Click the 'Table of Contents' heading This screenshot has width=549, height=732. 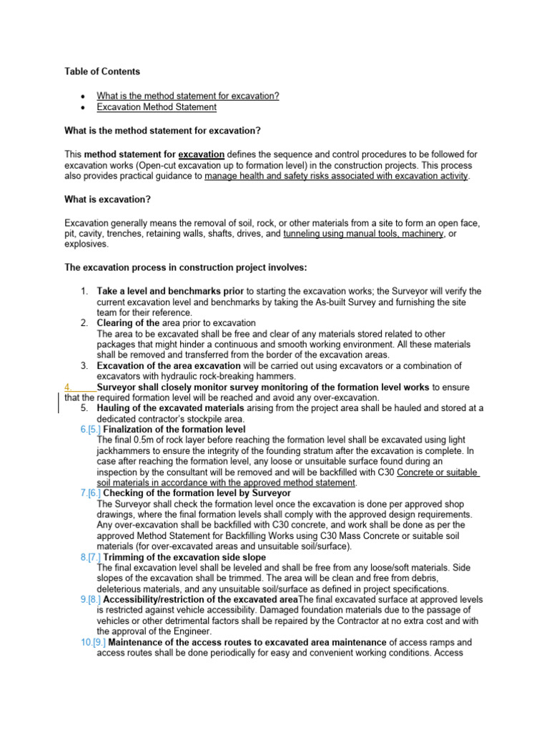tap(102, 71)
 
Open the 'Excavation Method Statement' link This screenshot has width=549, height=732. tap(157, 107)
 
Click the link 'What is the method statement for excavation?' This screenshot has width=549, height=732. tap(187, 96)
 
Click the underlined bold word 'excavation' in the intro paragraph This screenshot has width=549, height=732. tap(201, 154)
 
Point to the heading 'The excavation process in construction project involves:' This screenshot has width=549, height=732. tap(186, 267)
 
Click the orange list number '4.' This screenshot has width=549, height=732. tap(69, 387)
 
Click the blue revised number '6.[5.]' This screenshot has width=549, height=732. tap(91, 430)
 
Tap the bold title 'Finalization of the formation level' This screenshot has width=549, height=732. tap(175, 430)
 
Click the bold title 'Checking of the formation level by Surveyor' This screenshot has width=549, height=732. tap(197, 493)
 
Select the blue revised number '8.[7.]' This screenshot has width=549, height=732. tap(91, 557)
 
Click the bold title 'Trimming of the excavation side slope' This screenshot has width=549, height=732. tap(184, 557)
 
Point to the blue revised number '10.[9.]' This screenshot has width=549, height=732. tap(93, 642)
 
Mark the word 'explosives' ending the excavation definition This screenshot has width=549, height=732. tap(86, 244)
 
